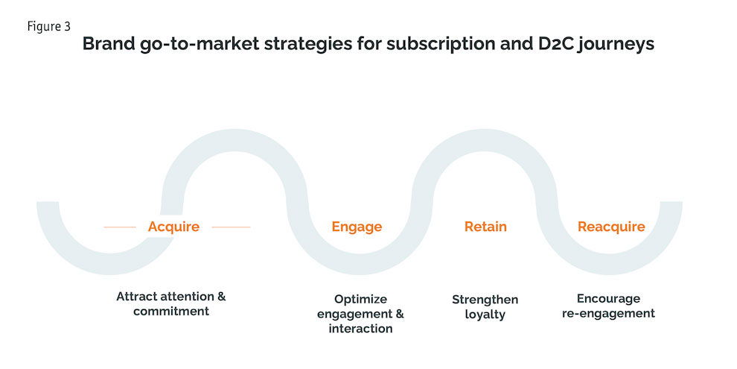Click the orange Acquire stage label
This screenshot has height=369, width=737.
[x=173, y=227]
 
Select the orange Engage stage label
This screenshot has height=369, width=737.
[x=357, y=227]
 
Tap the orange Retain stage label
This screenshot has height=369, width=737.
[x=485, y=227]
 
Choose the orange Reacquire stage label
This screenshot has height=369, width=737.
[x=611, y=227]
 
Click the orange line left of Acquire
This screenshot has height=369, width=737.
[x=119, y=227]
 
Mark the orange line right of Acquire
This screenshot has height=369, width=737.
[x=231, y=227]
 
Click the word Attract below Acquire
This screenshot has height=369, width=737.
[x=139, y=296]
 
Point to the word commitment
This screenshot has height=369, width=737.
[x=171, y=311]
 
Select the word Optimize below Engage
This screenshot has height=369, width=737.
[x=361, y=299]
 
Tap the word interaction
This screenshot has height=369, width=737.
[x=360, y=329]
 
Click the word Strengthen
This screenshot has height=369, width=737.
[x=485, y=299]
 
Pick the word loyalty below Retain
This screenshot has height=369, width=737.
[x=485, y=314]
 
